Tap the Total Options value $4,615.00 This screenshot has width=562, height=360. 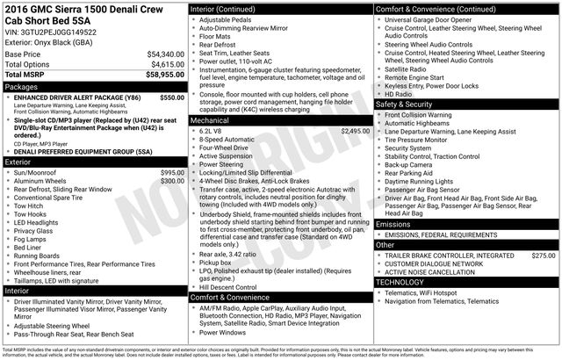(x=167, y=64)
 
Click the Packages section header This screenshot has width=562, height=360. (x=23, y=87)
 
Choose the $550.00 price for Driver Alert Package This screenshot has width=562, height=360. (x=172, y=97)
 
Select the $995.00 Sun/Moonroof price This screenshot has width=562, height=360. (x=172, y=173)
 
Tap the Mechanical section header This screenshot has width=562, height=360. (x=210, y=119)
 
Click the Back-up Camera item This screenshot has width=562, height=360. (x=407, y=164)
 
